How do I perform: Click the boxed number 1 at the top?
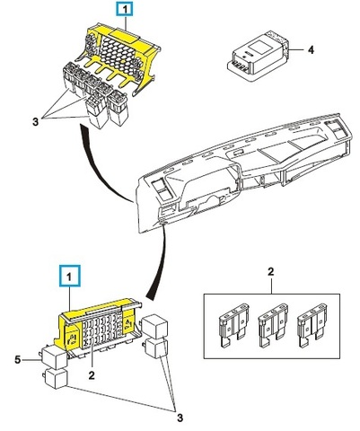pyautogui.click(x=126, y=9)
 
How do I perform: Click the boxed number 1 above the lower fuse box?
pyautogui.click(x=70, y=277)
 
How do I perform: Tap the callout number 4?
pyautogui.click(x=312, y=50)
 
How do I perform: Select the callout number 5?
pyautogui.click(x=18, y=360)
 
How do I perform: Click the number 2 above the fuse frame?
pyautogui.click(x=271, y=272)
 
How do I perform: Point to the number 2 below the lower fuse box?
pyautogui.click(x=92, y=375)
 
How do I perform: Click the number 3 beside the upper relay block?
pyautogui.click(x=36, y=122)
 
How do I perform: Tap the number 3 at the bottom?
pyautogui.click(x=180, y=418)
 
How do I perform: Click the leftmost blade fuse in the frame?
pyautogui.click(x=233, y=325)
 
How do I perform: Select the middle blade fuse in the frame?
pyautogui.click(x=273, y=325)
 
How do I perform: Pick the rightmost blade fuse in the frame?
pyautogui.click(x=312, y=325)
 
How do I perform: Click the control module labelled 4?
pyautogui.click(x=257, y=56)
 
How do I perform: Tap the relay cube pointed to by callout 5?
pyautogui.click(x=55, y=357)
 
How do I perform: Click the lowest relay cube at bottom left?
pyautogui.click(x=56, y=379)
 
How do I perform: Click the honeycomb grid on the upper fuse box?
pyautogui.click(x=119, y=50)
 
